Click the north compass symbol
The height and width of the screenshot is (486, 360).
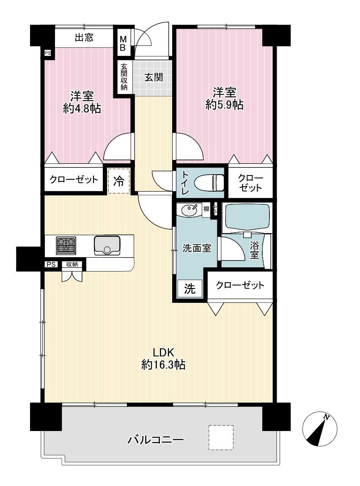(319, 429)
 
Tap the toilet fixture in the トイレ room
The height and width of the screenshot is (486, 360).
(209, 182)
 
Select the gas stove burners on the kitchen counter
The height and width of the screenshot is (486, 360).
(66, 245)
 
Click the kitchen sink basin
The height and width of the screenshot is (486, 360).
(107, 245)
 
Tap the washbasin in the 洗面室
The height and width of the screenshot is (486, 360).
(188, 211)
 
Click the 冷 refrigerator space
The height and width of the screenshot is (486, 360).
(118, 181)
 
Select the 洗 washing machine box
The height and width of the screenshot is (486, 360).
(190, 288)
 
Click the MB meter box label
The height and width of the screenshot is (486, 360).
(123, 44)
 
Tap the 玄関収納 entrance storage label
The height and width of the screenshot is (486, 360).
(124, 77)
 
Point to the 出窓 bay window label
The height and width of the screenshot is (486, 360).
(84, 38)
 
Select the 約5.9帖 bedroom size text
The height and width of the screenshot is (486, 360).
(224, 105)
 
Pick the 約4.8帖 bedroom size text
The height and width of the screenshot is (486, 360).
(82, 108)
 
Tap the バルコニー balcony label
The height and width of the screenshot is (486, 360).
(156, 439)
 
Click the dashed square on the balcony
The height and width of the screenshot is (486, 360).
(221, 437)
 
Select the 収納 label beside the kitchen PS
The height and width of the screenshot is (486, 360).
(72, 264)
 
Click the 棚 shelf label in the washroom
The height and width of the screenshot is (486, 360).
(206, 209)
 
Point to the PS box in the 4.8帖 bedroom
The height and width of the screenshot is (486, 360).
(47, 53)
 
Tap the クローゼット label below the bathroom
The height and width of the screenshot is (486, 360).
(240, 285)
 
